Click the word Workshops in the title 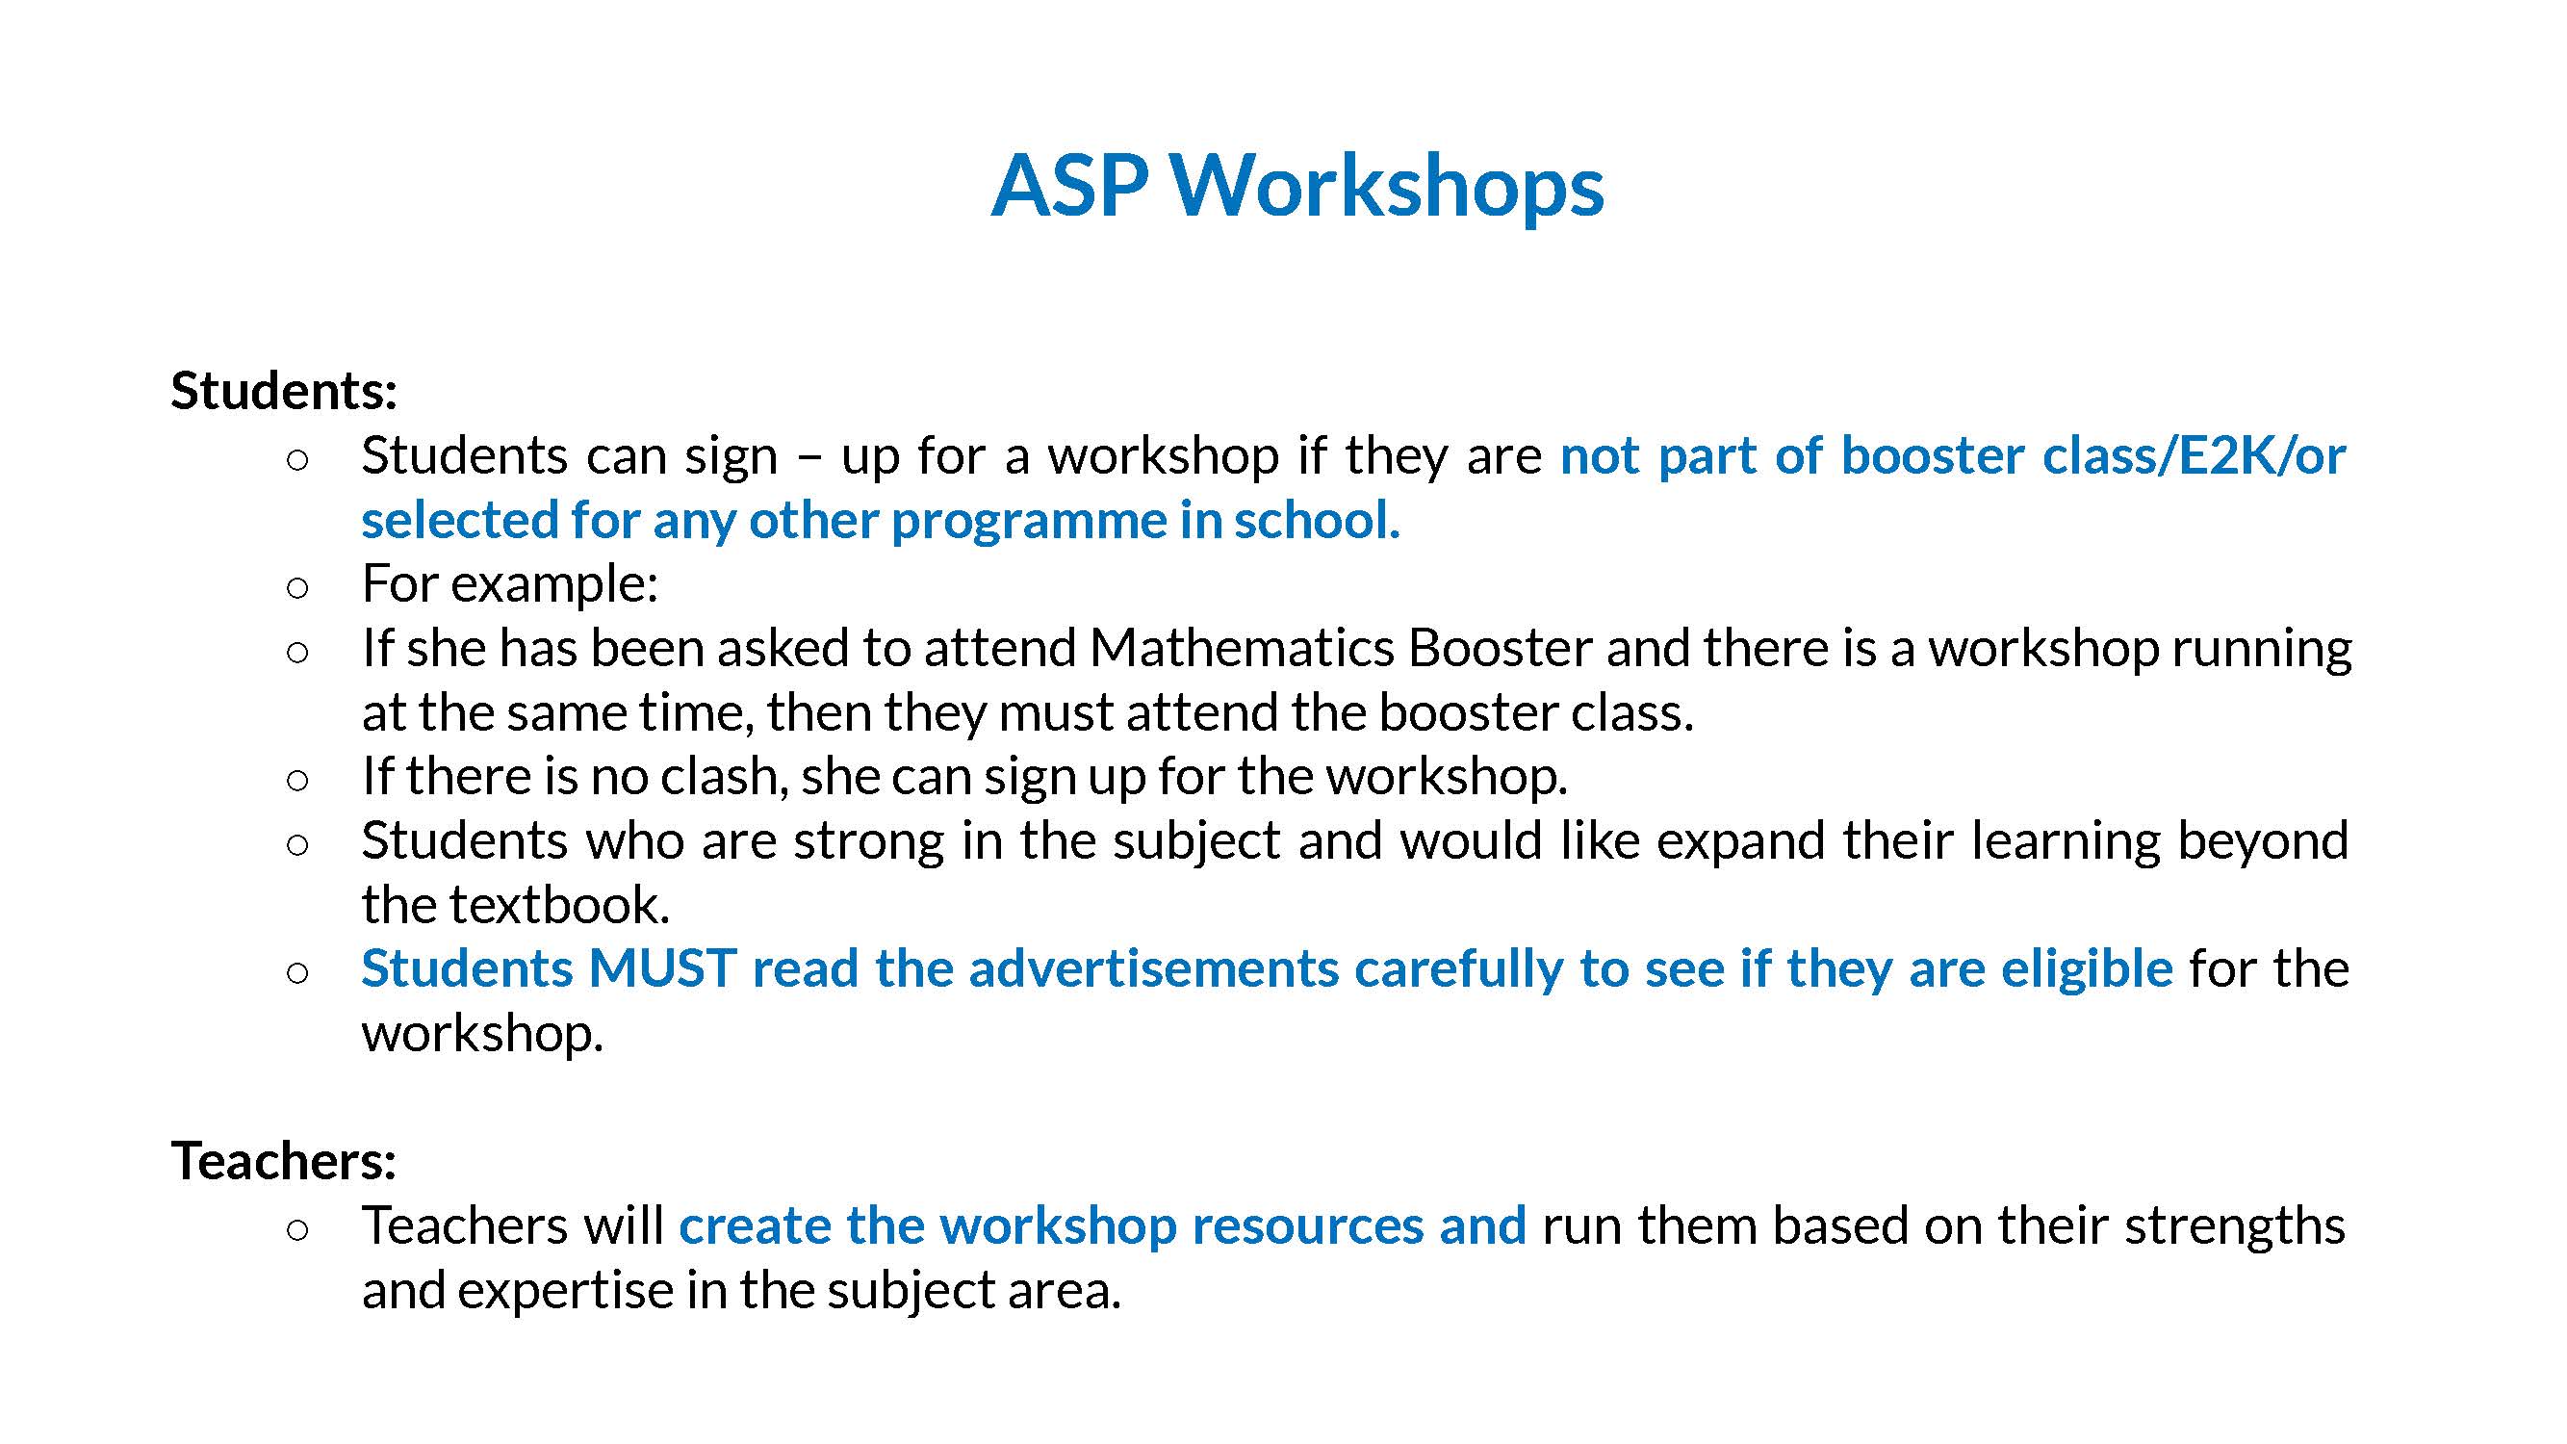tap(1386, 186)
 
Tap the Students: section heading tap(284, 390)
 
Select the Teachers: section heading tap(284, 1160)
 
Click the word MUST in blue tap(662, 968)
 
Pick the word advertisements tap(1154, 968)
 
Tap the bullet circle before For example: tap(297, 587)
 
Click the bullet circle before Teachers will tap(297, 1229)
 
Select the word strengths tap(2235, 1225)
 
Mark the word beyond tap(2263, 840)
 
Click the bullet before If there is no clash tap(297, 781)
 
